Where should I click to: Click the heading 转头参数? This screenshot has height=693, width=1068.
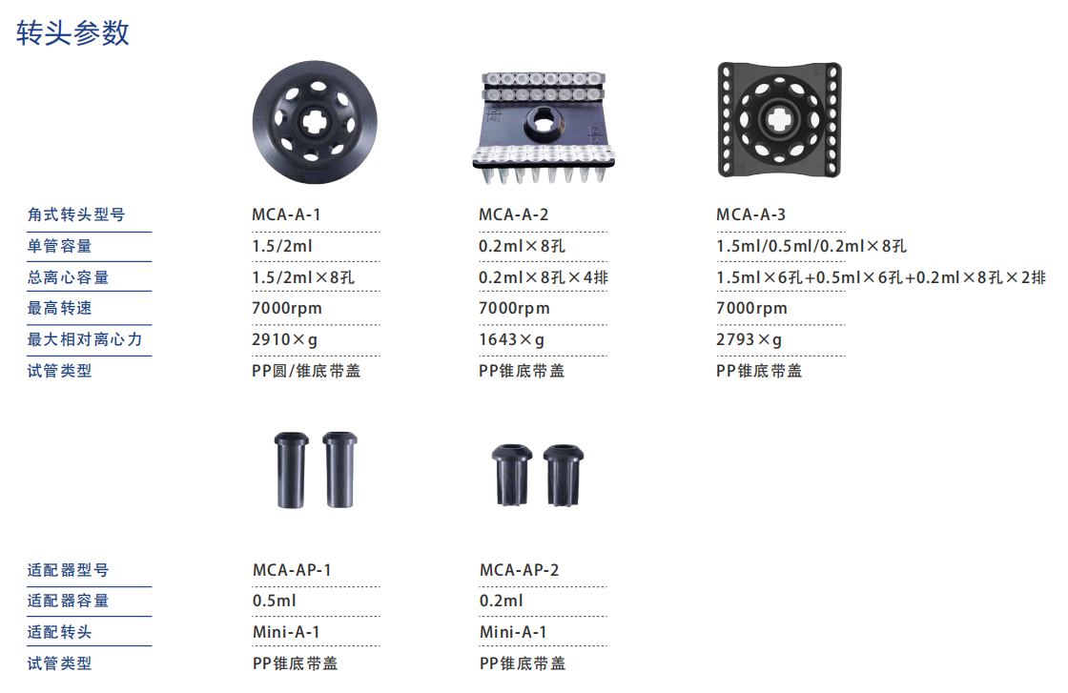coord(72,32)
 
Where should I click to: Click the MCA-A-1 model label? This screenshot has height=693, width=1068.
coord(286,214)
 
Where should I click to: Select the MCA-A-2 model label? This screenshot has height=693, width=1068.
coord(513,214)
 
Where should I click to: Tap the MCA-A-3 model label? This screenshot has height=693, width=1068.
coord(750,214)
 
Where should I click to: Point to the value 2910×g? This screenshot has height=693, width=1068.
coord(285,339)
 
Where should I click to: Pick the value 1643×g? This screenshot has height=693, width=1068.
coord(511,339)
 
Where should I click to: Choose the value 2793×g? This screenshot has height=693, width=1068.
coord(749,339)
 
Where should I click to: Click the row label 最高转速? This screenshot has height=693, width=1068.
coord(59,309)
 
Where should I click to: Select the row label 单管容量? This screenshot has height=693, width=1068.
coord(59,246)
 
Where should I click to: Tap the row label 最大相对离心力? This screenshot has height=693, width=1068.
coord(85,339)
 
